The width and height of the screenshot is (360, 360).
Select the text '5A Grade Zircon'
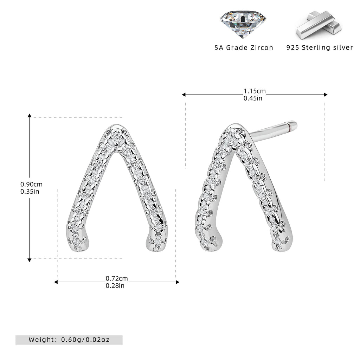244,48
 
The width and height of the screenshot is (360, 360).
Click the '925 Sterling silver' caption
320,47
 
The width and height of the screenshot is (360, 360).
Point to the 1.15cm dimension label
255,91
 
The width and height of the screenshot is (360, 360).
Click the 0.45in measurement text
253,98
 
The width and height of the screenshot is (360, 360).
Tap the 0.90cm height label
31,184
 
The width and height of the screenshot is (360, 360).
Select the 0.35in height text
30,192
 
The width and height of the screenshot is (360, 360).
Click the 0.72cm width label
117,278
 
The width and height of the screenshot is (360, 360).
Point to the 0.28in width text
115,285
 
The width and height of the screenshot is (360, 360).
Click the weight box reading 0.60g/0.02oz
69,340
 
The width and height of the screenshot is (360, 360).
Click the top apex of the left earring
115,125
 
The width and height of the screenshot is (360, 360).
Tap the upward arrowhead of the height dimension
30,115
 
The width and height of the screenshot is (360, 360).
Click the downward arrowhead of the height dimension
30,260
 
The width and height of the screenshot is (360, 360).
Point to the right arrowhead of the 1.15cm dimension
326,95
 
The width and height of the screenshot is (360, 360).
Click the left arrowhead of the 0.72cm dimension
56,282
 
